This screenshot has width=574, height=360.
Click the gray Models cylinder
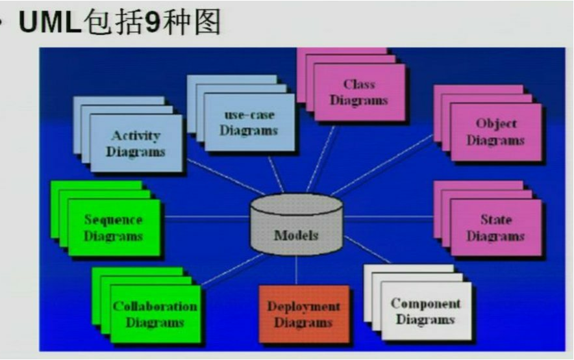click(296, 224)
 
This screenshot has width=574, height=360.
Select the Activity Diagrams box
click(136, 144)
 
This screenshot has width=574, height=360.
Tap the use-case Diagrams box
click(249, 122)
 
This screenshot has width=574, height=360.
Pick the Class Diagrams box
click(359, 92)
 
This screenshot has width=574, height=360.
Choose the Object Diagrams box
click(495, 132)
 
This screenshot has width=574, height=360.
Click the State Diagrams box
click(495, 227)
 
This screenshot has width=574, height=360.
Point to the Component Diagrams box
click(425, 311)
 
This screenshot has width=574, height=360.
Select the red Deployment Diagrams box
click(304, 314)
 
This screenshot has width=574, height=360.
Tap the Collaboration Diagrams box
click(155, 313)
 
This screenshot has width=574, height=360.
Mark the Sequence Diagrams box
click(114, 227)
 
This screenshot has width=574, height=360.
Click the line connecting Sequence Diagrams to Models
click(205, 218)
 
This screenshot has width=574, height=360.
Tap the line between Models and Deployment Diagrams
click(296, 270)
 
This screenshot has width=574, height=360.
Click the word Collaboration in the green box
click(155, 306)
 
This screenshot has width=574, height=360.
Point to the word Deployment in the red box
click(304, 307)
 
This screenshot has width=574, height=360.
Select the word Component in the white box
click(425, 303)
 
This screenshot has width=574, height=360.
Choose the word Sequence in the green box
click(114, 220)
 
